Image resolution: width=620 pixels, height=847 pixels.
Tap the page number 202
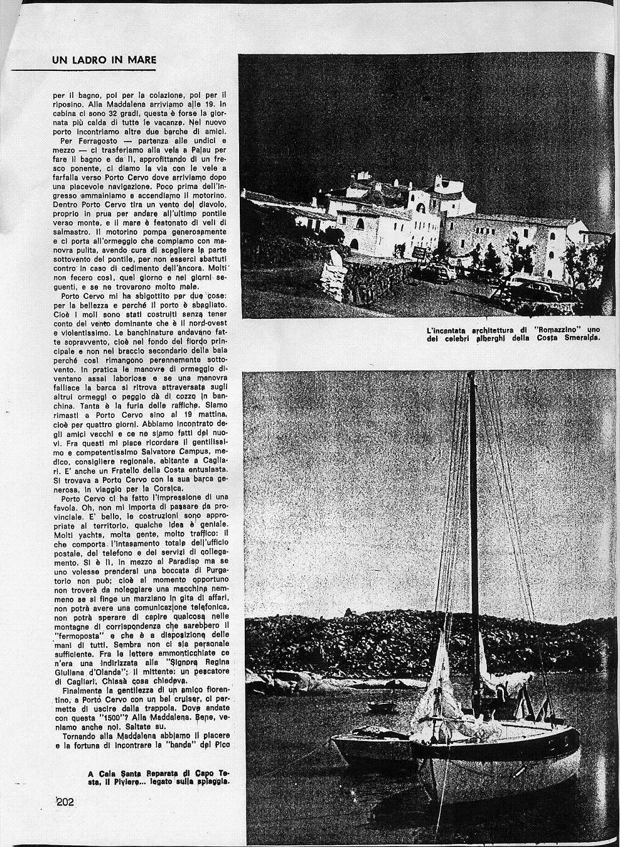(65, 801)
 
